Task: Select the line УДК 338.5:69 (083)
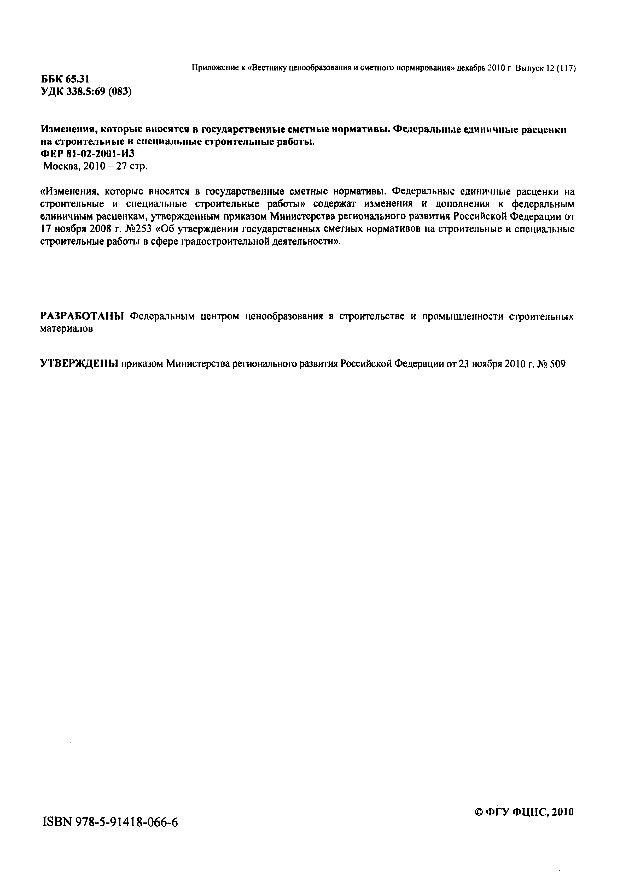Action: (86, 92)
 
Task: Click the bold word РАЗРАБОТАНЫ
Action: (82, 316)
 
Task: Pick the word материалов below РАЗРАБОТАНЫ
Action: (67, 329)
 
